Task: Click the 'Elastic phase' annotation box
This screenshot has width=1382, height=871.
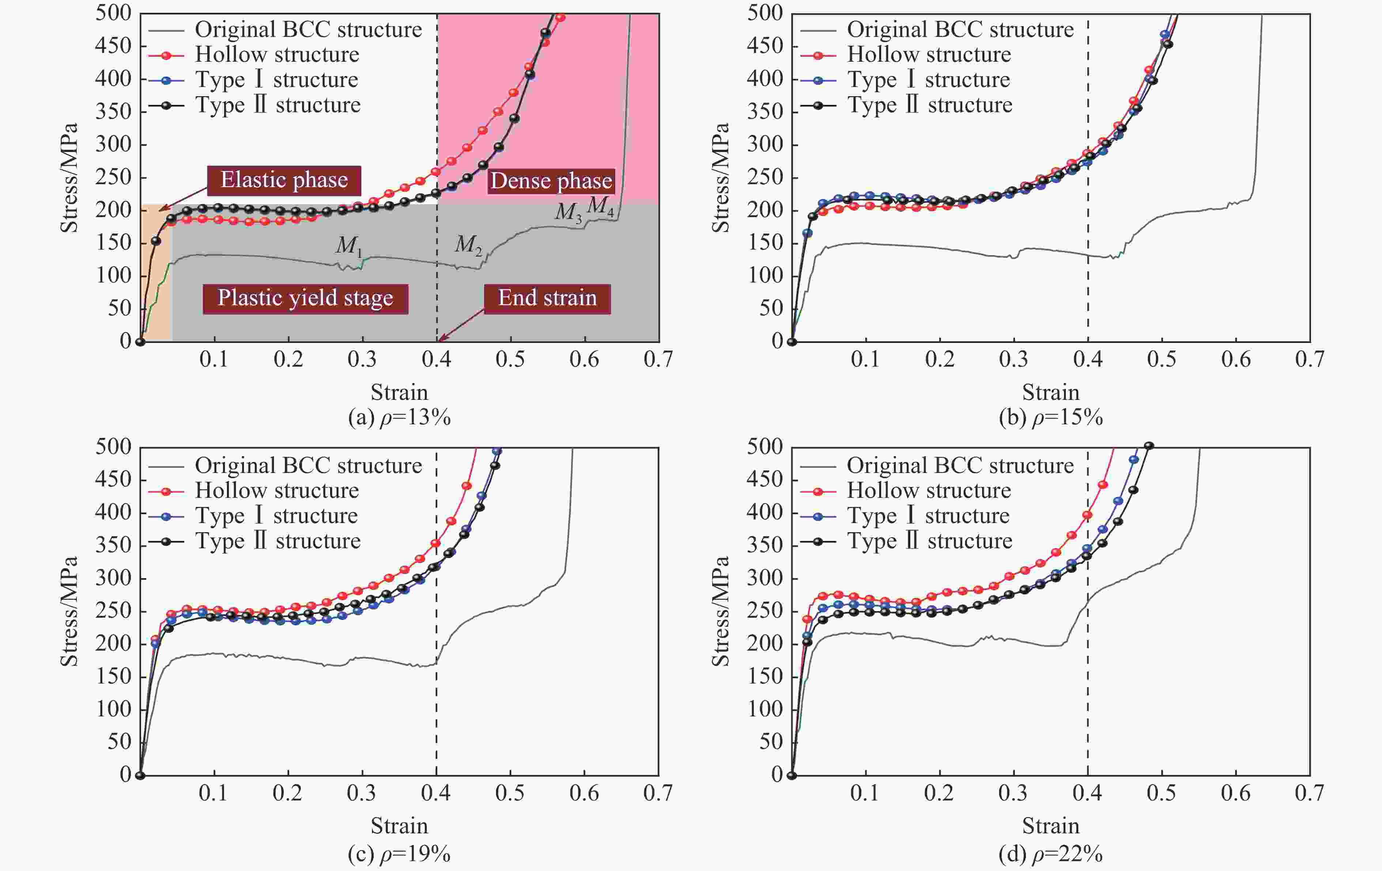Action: coord(284,180)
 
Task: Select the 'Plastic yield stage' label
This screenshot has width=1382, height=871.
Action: coord(305,298)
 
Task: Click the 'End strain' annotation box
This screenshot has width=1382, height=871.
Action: coord(547,298)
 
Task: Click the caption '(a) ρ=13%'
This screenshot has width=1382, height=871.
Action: coord(400,417)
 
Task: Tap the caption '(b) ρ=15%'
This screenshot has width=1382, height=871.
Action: coord(1051,417)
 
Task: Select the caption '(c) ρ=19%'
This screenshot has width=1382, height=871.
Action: coord(400,854)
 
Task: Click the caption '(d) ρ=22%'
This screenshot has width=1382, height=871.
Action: coord(1051,854)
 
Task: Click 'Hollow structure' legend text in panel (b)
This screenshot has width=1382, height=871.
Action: coord(929,54)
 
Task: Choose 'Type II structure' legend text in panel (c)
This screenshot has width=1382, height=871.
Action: coord(278,541)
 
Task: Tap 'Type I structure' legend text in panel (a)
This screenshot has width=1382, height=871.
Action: coord(277,80)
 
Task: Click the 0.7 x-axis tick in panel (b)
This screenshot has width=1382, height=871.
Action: coord(1310,360)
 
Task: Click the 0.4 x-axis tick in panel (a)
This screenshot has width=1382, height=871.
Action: coord(436,360)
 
